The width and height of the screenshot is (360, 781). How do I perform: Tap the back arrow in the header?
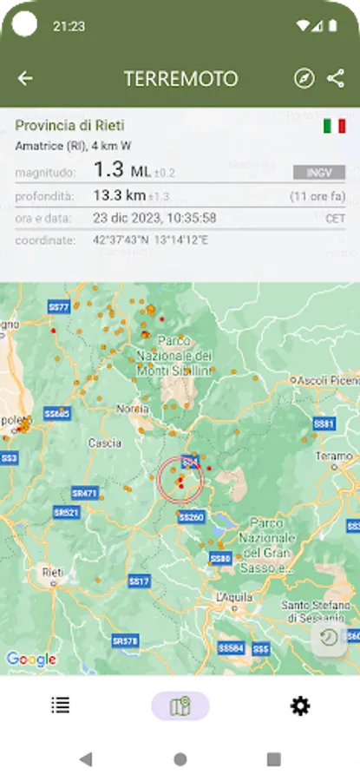[25, 79]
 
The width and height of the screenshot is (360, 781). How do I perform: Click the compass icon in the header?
[304, 79]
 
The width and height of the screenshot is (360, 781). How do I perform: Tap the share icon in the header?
[336, 79]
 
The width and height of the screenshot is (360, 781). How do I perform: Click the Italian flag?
[334, 126]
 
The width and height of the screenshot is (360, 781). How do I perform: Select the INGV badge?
[319, 173]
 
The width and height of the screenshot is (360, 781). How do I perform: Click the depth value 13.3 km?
[121, 196]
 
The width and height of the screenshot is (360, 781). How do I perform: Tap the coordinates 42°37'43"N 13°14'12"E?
[150, 240]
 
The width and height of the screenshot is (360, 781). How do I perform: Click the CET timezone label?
[335, 219]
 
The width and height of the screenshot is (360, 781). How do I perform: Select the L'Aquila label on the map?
[233, 597]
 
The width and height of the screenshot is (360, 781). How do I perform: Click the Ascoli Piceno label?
[326, 380]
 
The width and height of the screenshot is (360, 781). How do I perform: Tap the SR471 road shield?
[85, 493]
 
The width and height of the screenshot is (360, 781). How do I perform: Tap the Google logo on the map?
[31, 660]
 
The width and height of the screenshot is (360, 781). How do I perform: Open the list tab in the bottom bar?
[61, 706]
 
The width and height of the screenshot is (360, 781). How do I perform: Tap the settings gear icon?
[300, 706]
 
